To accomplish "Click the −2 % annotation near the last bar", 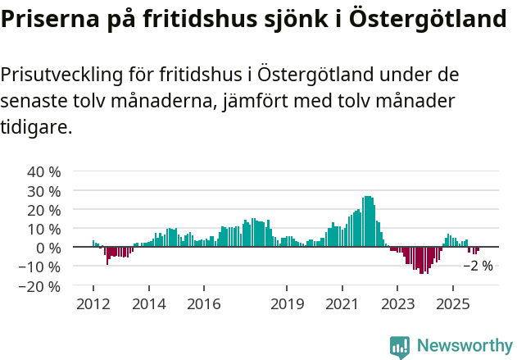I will coord(478,266).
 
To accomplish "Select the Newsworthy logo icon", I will coord(400,347).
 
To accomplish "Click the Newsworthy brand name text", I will coord(464,346).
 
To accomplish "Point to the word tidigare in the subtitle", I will coord(36,128).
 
